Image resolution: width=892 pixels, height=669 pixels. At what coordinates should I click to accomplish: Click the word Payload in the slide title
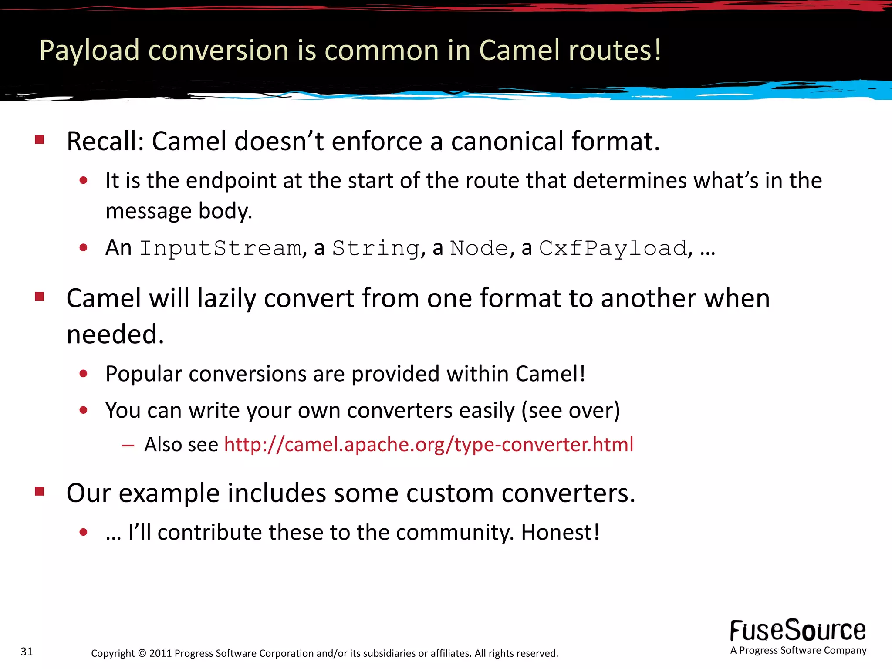pos(89,51)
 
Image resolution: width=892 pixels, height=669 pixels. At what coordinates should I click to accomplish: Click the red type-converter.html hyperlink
pos(429,445)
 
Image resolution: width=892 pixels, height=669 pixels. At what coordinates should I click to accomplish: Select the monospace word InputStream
pos(220,249)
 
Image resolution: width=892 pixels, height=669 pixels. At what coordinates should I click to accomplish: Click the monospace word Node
pos(479,249)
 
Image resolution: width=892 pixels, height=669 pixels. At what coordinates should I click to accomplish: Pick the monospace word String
pos(376,249)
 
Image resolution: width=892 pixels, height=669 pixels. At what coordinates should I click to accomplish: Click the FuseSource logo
pos(798,631)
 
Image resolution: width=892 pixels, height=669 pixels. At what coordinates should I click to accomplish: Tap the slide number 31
pos(27,652)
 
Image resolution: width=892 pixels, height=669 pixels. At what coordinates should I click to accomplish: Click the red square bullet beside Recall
pos(40,140)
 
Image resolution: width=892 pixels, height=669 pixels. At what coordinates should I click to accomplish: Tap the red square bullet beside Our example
pos(40,492)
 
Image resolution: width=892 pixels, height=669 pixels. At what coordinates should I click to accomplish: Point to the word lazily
pos(226,299)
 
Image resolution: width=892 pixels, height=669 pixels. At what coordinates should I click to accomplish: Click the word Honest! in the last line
pos(560,532)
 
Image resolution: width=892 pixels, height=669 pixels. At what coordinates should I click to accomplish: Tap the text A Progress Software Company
pos(798,650)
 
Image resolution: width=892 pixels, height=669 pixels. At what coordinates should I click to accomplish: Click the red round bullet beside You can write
pos(84,410)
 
